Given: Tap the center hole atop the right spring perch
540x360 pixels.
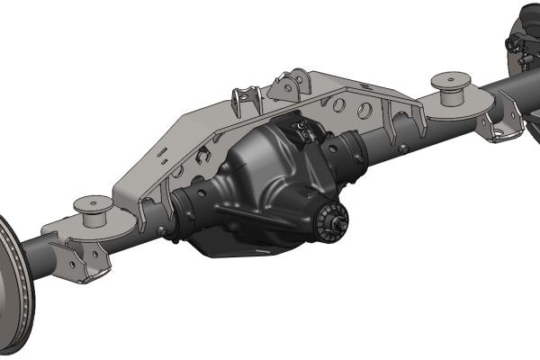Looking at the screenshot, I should pos(450,78).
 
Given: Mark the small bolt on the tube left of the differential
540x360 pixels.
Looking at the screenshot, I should pos(162,230).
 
